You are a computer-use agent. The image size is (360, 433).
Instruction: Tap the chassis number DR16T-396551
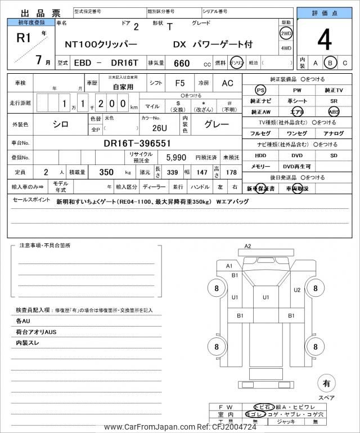pyautogui.click(x=137, y=144)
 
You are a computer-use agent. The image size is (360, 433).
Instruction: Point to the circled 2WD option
pyautogui.click(x=286, y=33)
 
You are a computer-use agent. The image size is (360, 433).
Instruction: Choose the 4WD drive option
pyautogui.click(x=286, y=48)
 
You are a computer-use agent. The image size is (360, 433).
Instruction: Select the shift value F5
pyautogui.click(x=179, y=83)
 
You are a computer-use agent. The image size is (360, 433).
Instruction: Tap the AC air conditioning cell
pyautogui.click(x=227, y=83)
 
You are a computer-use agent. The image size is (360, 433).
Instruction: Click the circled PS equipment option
pyautogui.click(x=260, y=90)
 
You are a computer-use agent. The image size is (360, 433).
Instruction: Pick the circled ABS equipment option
pyautogui.click(x=334, y=111)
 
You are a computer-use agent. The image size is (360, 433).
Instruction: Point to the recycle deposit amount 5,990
pyautogui.click(x=176, y=158)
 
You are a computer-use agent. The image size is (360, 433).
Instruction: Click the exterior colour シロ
pyautogui.click(x=61, y=124)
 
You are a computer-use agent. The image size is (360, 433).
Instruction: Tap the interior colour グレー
pyautogui.click(x=216, y=124)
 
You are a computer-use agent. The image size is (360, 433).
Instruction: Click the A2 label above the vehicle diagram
pyautogui.click(x=247, y=246)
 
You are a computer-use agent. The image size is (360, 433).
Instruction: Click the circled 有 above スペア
pyautogui.click(x=326, y=384)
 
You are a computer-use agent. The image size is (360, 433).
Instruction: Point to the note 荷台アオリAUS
pyautogui.click(x=37, y=332)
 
